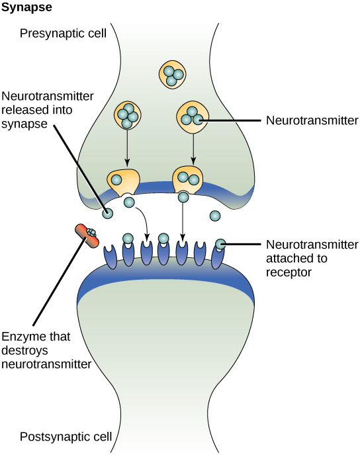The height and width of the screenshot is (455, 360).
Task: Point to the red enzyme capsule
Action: pyautogui.click(x=85, y=234)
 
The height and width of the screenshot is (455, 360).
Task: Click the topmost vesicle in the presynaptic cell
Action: pyautogui.click(x=172, y=74)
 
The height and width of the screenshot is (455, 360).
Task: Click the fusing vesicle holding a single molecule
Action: pyautogui.click(x=124, y=181)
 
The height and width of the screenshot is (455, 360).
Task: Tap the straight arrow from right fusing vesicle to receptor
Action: pyautogui.click(x=183, y=218)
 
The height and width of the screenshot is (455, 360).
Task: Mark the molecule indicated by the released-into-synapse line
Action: pyautogui.click(x=107, y=213)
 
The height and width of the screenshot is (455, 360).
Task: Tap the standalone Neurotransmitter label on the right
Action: pyautogui.click(x=311, y=120)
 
